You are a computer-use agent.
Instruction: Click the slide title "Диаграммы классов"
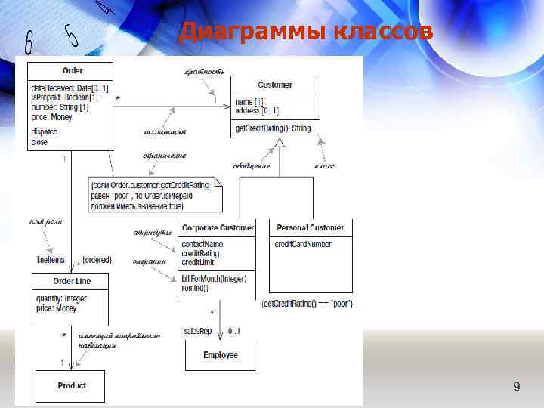click(306, 32)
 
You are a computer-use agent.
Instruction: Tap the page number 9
click(516, 388)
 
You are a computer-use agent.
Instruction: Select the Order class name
click(73, 70)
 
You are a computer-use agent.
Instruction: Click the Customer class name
click(275, 85)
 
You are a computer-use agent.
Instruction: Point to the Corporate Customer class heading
click(218, 227)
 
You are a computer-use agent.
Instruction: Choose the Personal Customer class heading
click(311, 227)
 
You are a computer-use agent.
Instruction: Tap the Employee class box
click(221, 354)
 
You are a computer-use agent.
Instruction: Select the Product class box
click(72, 385)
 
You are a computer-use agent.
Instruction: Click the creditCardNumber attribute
click(302, 244)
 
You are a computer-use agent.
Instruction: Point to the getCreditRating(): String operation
click(273, 129)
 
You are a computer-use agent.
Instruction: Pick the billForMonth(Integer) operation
click(214, 280)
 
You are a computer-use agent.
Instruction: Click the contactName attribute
click(202, 244)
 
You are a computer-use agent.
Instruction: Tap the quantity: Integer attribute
click(61, 298)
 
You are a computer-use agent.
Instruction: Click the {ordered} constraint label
click(97, 259)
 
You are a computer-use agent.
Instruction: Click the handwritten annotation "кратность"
click(204, 71)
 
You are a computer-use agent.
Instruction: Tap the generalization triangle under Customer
click(280, 142)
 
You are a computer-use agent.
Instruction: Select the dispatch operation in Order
click(45, 131)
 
